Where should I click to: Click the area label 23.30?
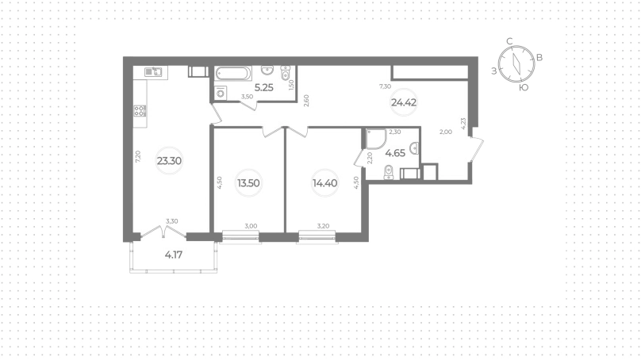[169, 161]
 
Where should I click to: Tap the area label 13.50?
[248, 183]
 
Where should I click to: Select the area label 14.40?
[325, 183]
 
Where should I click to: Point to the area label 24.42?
[404, 102]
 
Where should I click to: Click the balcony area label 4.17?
[174, 255]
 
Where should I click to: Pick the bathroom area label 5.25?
[263, 87]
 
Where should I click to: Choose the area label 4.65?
[395, 153]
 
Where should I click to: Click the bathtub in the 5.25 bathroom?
[233, 74]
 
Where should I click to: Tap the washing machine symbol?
[221, 93]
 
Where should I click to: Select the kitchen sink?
[153, 72]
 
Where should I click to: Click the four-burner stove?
[140, 111]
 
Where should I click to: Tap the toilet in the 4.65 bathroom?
[389, 172]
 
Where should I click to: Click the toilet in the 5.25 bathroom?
[286, 72]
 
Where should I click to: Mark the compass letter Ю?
[524, 87]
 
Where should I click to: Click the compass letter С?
[509, 41]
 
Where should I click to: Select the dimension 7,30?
[385, 86]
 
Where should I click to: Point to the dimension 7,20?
[138, 157]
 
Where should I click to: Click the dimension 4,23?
[463, 124]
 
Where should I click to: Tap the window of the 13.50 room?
[240, 236]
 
